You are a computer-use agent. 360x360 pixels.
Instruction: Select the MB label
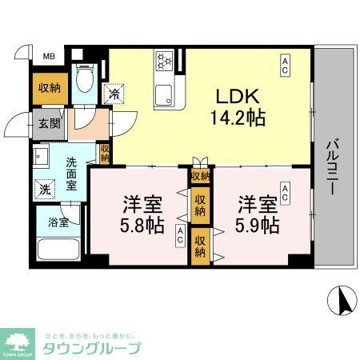(x=50, y=56)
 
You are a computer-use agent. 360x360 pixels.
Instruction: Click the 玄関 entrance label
(x=47, y=125)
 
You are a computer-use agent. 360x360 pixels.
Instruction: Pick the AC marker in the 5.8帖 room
(x=180, y=235)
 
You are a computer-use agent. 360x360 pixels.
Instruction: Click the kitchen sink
(x=166, y=94)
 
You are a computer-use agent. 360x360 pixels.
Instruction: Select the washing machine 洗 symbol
(x=44, y=190)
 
